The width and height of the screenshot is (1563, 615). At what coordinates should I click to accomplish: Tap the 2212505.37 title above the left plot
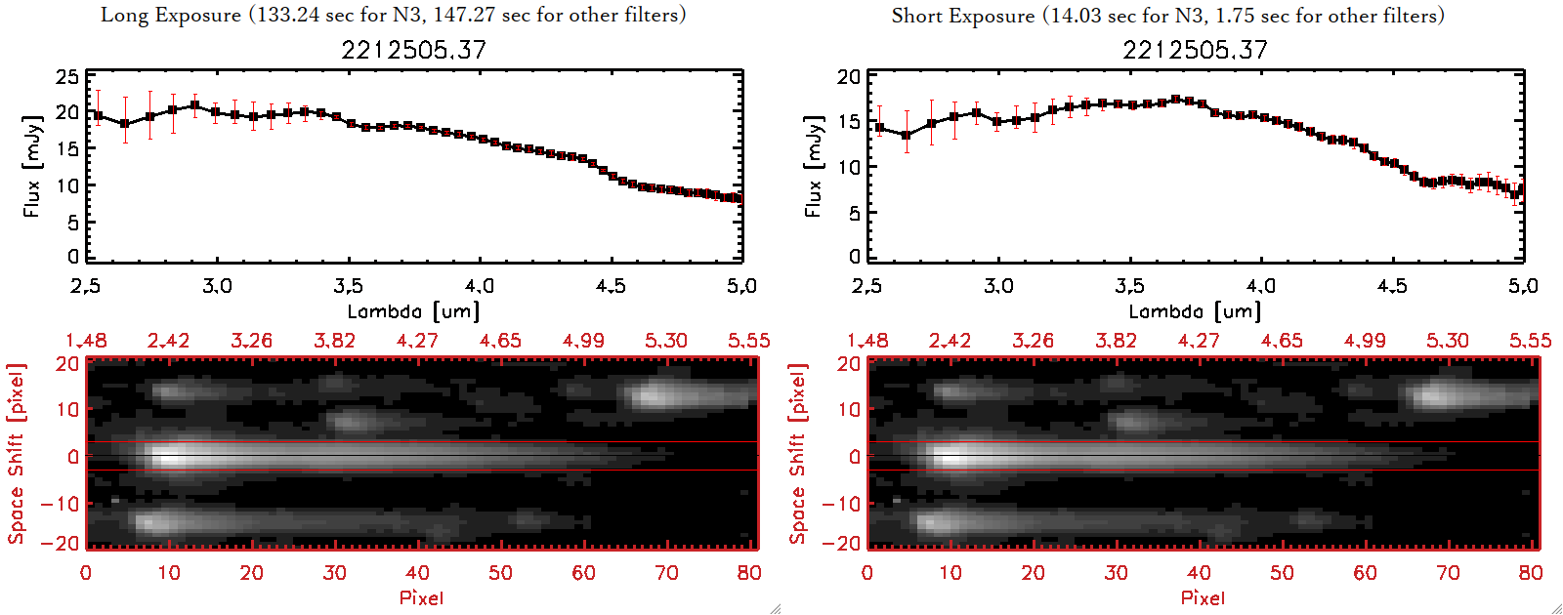click(x=413, y=50)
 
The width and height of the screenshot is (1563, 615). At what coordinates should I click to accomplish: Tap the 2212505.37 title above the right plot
click(x=1195, y=50)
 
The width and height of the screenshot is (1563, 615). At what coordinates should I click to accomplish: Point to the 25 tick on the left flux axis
click(x=67, y=77)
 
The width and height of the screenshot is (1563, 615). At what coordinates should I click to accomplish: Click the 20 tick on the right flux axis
click(x=849, y=77)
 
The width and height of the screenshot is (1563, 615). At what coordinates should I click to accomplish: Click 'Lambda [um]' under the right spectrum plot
click(x=1195, y=311)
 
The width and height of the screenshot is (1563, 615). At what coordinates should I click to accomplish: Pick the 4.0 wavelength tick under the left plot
click(x=479, y=286)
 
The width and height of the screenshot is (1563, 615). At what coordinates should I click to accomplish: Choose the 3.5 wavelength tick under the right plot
click(x=1129, y=286)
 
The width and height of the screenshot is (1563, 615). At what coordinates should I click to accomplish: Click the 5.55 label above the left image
click(x=748, y=341)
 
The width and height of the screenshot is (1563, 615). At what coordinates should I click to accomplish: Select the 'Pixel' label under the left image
click(x=421, y=597)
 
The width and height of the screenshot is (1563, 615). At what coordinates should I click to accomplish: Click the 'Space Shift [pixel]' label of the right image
click(x=798, y=454)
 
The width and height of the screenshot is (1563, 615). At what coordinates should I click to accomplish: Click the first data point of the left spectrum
click(x=98, y=116)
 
